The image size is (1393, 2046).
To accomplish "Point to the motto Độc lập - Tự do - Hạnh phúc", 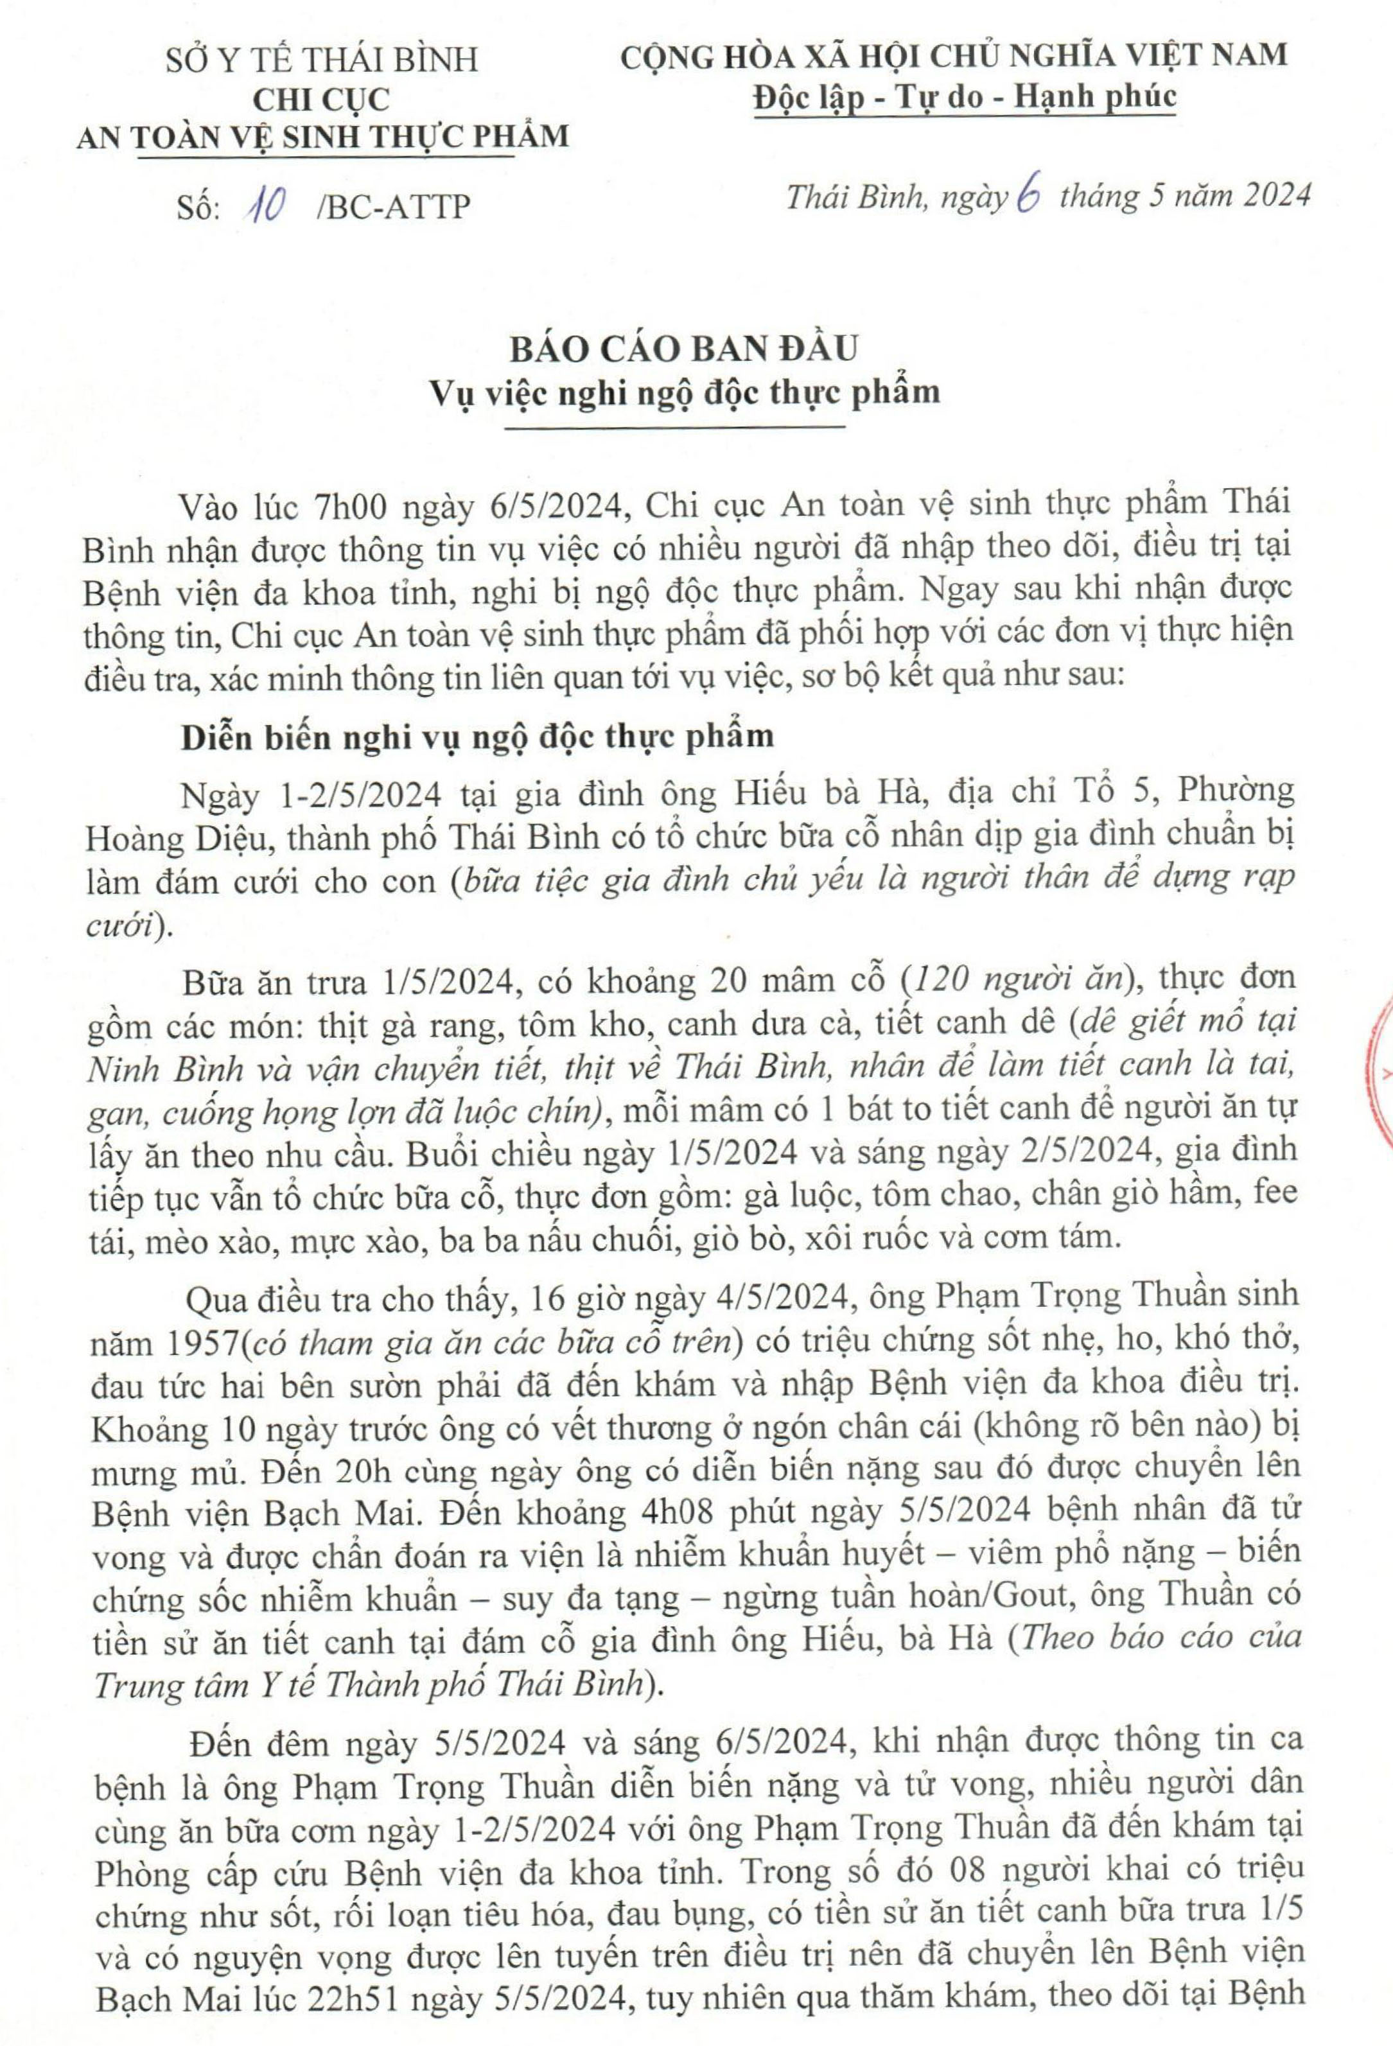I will tap(965, 96).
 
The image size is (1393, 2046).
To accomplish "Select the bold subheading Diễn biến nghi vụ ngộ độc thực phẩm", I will tap(477, 736).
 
